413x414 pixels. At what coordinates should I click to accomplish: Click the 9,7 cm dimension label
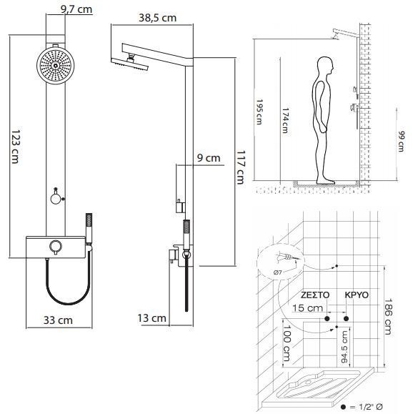tap(76, 9)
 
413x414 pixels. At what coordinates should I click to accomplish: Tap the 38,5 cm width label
tap(157, 18)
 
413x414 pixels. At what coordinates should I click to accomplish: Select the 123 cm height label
tap(16, 147)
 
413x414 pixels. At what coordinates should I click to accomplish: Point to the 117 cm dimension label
tap(240, 167)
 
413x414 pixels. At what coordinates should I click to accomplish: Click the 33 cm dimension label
tap(58, 320)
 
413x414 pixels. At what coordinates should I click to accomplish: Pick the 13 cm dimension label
tap(152, 318)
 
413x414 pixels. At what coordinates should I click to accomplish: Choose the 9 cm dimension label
tap(209, 158)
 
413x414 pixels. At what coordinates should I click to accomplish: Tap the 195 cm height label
tap(259, 112)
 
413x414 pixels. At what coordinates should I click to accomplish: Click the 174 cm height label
tap(286, 120)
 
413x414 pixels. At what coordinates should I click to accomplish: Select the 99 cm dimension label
tap(401, 142)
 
